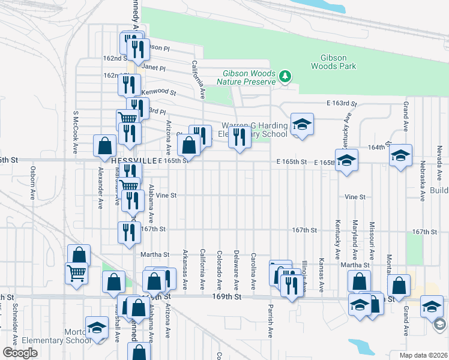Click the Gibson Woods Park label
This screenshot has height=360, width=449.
click(x=330, y=62)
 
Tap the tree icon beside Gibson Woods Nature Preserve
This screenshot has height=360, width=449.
click(x=286, y=76)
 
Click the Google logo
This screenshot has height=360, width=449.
click(x=20, y=353)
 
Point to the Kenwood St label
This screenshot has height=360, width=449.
click(x=158, y=92)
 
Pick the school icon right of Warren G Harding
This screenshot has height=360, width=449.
click(x=302, y=124)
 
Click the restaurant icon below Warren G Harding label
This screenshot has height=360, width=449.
click(x=239, y=137)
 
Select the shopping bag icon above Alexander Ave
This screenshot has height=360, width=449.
click(x=104, y=145)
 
